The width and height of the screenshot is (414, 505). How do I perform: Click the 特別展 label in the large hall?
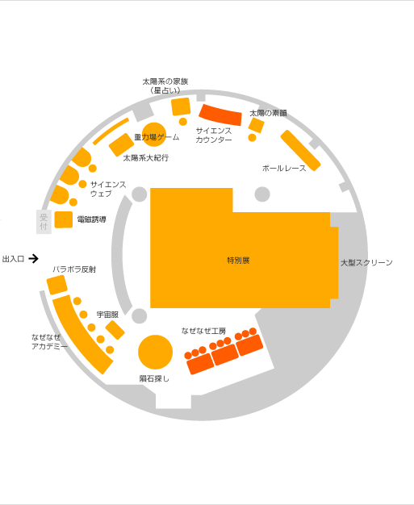click(238, 261)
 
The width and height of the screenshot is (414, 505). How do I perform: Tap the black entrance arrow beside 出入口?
click(34, 259)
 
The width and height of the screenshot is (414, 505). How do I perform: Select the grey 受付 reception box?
click(44, 222)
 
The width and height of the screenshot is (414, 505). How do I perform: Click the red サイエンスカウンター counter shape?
click(220, 115)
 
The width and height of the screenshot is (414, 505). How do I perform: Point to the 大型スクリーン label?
click(366, 262)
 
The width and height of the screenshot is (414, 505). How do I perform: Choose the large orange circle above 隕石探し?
click(155, 352)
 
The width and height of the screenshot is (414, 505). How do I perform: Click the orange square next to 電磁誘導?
click(64, 219)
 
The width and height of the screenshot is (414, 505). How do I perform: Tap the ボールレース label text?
click(284, 168)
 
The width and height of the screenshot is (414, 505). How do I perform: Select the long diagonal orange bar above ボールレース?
click(300, 150)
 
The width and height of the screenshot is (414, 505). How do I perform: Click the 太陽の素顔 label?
click(269, 113)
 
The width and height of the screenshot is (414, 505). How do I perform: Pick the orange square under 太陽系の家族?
click(181, 106)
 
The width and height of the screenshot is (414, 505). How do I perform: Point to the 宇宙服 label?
click(107, 315)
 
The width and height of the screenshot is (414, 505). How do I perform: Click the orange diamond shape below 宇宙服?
click(115, 330)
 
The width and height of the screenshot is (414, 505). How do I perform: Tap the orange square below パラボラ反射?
click(57, 285)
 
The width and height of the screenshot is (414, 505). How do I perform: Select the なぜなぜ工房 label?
click(203, 331)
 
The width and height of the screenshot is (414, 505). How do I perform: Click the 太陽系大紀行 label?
click(146, 158)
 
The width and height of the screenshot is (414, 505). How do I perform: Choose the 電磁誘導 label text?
click(92, 219)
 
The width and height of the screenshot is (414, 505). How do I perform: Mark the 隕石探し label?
click(154, 379)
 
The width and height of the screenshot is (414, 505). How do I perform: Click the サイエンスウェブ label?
click(108, 189)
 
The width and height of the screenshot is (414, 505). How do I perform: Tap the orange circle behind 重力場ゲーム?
click(153, 134)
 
